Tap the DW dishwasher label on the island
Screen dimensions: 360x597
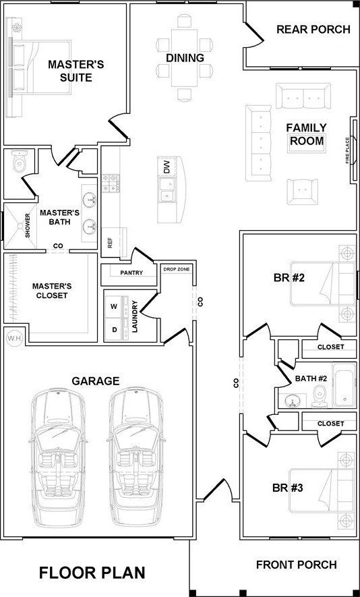[x=167, y=167]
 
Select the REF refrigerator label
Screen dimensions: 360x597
[x=111, y=242]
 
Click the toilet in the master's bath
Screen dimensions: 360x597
[x=19, y=161]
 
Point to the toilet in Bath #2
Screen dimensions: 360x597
[x=318, y=395]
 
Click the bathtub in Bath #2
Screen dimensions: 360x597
[x=344, y=385]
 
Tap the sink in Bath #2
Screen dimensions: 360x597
[x=293, y=401]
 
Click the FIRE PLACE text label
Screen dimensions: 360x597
[x=347, y=150]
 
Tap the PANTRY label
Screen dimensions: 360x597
[x=131, y=273]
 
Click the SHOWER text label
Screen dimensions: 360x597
[x=28, y=226]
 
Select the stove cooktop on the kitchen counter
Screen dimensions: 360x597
[x=111, y=183]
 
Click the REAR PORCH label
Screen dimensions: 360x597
[x=313, y=29]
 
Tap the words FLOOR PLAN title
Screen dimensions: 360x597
[x=92, y=573]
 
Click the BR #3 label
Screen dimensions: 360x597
[x=288, y=488]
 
